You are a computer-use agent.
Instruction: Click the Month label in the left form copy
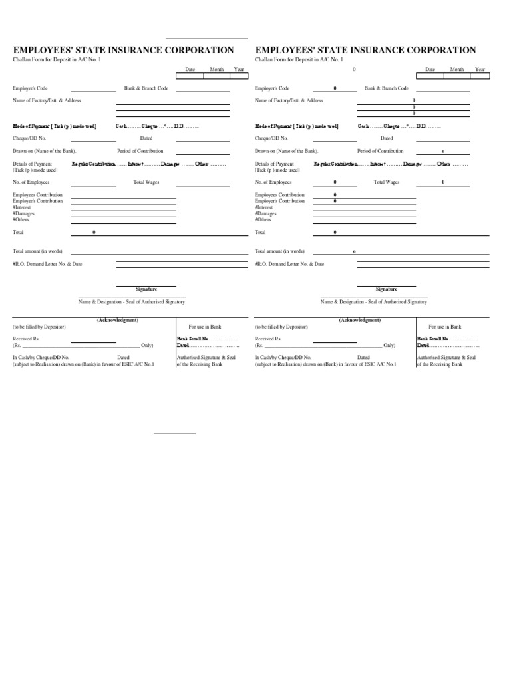(217, 69)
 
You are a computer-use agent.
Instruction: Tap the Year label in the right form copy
(480, 69)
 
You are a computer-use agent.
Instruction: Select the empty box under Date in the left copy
(190, 76)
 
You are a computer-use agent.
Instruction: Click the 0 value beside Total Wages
(444, 182)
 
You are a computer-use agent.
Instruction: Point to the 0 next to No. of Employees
(335, 182)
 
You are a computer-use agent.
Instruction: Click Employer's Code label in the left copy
(31, 88)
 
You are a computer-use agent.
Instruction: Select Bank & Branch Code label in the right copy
(386, 88)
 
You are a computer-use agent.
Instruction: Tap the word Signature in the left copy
(146, 289)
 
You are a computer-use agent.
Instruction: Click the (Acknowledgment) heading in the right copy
(360, 320)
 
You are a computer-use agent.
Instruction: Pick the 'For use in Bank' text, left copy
(205, 327)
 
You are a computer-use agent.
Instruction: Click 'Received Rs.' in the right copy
(268, 339)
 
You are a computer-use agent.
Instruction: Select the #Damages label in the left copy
(24, 213)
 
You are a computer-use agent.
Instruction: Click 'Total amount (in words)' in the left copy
(38, 251)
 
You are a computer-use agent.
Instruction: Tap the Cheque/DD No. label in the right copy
(272, 138)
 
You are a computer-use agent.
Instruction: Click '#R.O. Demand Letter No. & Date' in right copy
(289, 264)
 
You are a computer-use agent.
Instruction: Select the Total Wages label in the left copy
(146, 182)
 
